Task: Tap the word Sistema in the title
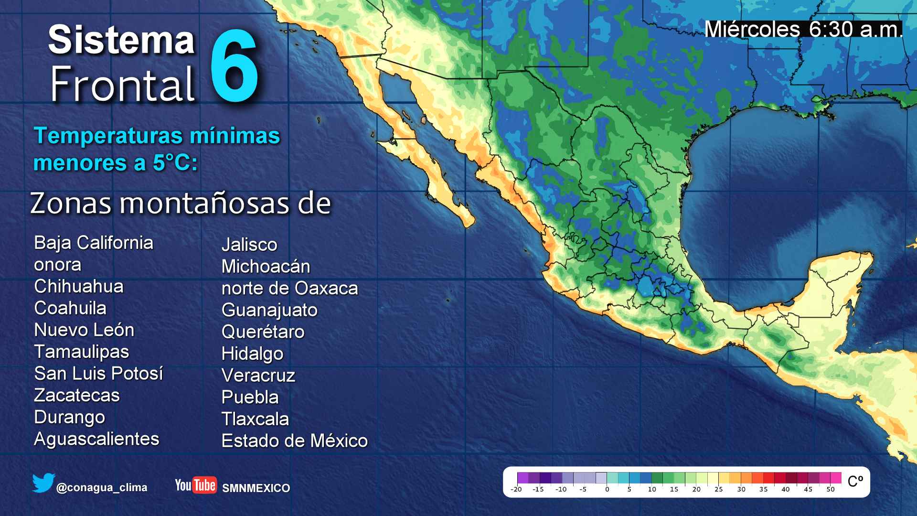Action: (x=121, y=40)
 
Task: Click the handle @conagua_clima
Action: (x=102, y=488)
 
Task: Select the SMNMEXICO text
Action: (x=256, y=488)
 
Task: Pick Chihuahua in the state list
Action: (x=79, y=287)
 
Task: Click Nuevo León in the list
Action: (x=84, y=330)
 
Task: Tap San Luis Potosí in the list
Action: (x=98, y=374)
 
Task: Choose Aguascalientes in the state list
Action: (x=96, y=439)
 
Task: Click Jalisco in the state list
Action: (x=249, y=245)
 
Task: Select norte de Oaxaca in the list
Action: (x=289, y=289)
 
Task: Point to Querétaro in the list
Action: (x=263, y=332)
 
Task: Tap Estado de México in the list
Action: (x=294, y=441)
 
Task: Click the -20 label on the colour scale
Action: (x=516, y=489)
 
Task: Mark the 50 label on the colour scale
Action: (x=831, y=489)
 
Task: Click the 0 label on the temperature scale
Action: (x=607, y=489)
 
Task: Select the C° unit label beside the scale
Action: (x=855, y=482)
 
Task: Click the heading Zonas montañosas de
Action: (x=181, y=204)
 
